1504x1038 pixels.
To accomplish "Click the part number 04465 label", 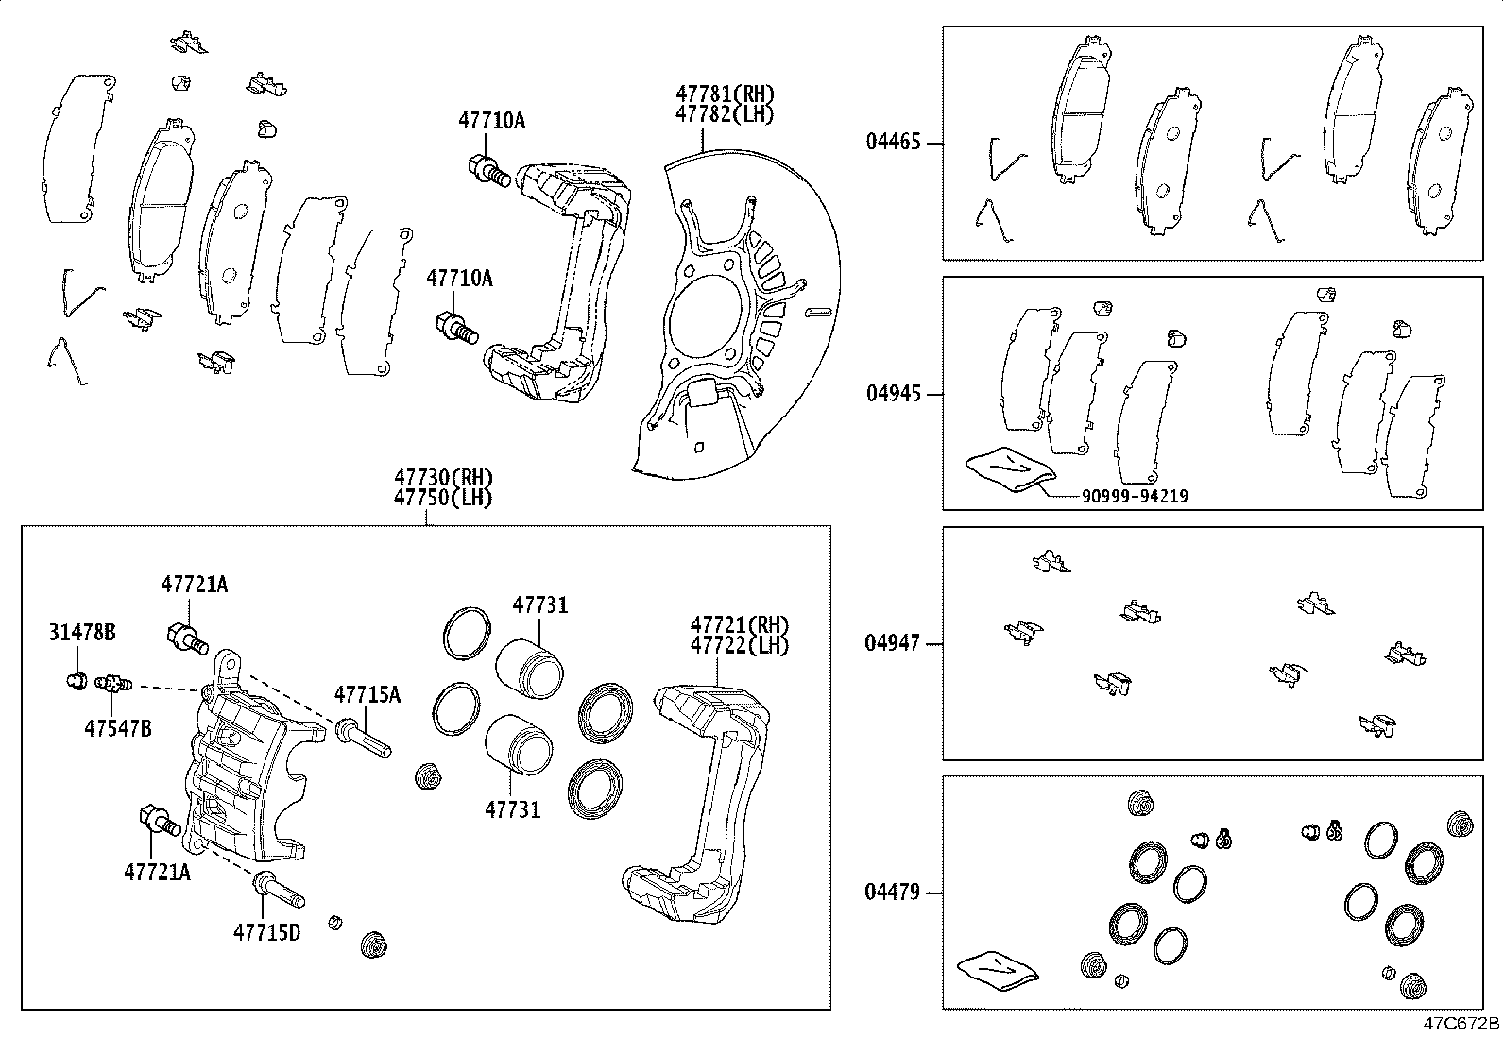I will (893, 144).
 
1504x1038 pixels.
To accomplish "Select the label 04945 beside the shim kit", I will (893, 393).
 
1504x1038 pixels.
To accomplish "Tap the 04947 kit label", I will (893, 644).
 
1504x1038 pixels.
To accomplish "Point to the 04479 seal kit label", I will (893, 892).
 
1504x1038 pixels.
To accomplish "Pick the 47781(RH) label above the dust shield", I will (725, 94).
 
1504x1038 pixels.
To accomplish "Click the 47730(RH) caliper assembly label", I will (444, 478).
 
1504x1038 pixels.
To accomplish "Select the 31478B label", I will (82, 633).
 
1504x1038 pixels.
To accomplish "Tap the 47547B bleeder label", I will (117, 728).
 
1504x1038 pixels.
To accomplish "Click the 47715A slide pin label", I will (367, 695).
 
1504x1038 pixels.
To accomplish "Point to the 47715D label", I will (266, 933).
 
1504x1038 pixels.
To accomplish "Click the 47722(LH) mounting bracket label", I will (739, 645).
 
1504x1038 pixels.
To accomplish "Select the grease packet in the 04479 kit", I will (996, 970).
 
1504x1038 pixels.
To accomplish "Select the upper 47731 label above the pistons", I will (540, 604).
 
